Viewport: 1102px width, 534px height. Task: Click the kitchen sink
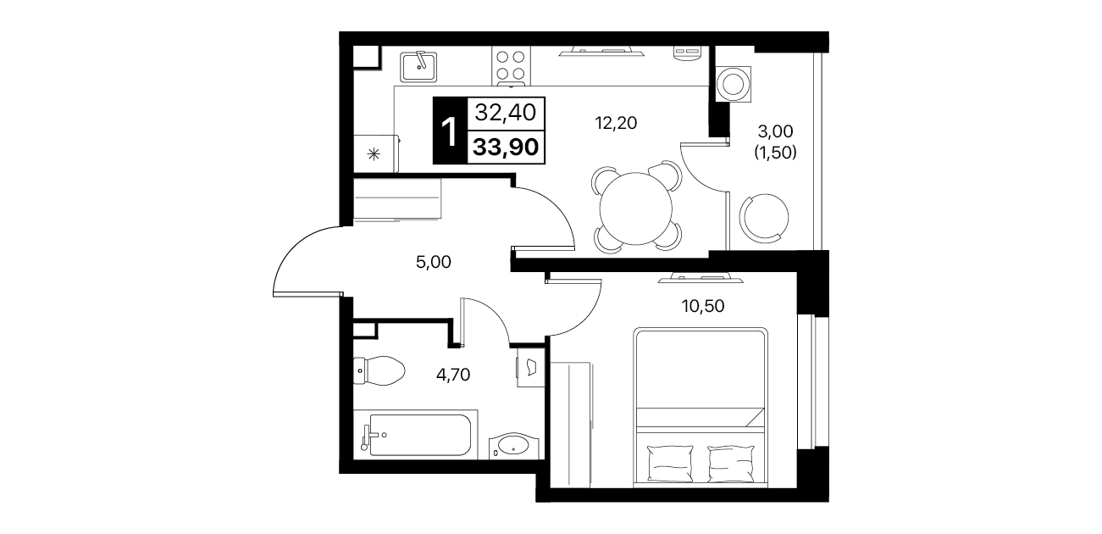point(418,67)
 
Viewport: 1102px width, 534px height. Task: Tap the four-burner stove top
point(511,66)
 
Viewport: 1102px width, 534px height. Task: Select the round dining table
point(635,209)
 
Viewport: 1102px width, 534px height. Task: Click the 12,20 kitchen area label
point(616,123)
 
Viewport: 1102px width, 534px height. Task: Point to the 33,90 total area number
point(506,147)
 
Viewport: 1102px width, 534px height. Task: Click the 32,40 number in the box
point(505,113)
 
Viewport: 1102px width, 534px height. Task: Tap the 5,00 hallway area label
point(434,262)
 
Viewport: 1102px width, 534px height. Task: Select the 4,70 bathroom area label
point(453,375)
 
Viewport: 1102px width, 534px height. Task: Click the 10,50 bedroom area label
point(703,306)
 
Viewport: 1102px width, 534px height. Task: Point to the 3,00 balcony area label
point(775,131)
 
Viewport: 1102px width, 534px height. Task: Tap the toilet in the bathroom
point(379,370)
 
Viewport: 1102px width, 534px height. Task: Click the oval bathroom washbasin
point(513,445)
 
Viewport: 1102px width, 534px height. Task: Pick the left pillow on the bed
point(670,463)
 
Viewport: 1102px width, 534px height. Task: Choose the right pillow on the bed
point(731,463)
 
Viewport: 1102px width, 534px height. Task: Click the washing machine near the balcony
point(733,84)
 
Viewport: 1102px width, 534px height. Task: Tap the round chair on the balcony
point(764,217)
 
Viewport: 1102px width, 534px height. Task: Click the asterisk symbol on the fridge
point(374,154)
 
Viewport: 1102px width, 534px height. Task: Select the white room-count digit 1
point(450,131)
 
